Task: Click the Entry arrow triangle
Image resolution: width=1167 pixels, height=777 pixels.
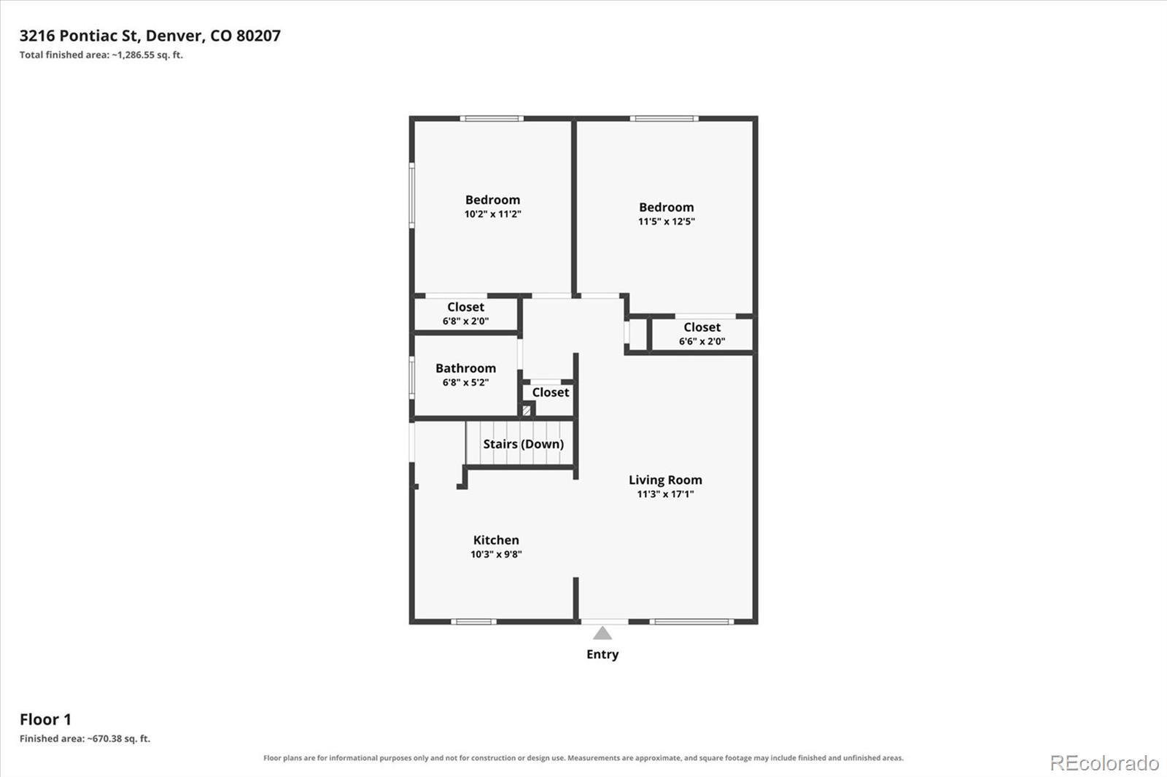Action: pos(602,633)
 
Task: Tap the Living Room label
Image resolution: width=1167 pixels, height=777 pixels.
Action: pos(665,480)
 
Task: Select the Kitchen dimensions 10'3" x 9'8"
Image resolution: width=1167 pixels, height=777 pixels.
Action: pos(496,554)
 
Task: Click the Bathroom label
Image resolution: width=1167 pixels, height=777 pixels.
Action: pos(466,368)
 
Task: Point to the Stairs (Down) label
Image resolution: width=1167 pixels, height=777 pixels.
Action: pos(524,444)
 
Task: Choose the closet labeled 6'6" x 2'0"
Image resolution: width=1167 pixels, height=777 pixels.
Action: pos(702,334)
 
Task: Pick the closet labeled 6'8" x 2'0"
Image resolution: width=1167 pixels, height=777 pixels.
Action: pos(466,313)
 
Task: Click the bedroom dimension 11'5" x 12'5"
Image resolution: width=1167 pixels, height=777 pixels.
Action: pos(667,222)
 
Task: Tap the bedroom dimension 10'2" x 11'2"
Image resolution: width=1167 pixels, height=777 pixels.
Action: pos(493,214)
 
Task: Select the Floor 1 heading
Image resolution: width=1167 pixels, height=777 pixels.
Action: pos(45,719)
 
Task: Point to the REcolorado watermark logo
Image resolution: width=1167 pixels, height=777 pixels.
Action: pos(1104,763)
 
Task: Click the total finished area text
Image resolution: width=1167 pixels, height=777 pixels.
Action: pos(101,55)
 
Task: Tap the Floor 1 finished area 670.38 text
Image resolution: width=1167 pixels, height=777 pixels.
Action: pos(85,738)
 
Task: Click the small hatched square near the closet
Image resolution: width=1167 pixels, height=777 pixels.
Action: pos(526,410)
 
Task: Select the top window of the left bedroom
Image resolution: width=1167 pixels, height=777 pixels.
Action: pos(492,119)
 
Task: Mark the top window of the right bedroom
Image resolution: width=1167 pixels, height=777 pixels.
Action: pos(664,119)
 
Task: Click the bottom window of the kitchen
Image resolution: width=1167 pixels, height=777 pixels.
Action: pos(473,622)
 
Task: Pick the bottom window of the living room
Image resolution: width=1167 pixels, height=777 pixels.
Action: pos(692,622)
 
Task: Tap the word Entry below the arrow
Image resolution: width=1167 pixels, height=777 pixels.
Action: pos(602,655)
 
